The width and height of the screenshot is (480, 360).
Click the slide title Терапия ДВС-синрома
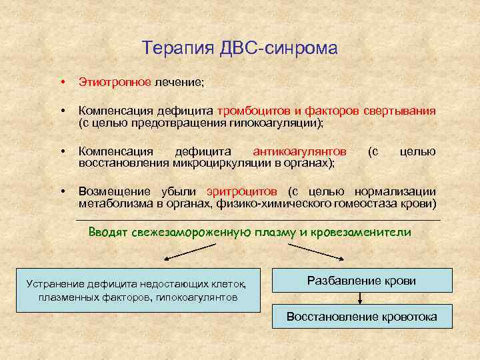pos(240,49)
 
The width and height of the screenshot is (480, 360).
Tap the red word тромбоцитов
pos(251,110)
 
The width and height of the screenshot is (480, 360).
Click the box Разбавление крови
pos(361,281)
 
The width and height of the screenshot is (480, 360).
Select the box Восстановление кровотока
pos(361,317)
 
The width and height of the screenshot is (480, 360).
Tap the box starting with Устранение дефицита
pos(138,290)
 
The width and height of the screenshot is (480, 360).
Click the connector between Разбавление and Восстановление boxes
pos(361,299)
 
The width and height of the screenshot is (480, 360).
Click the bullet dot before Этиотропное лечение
pos(61,82)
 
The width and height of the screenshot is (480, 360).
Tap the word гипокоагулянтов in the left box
pos(196,297)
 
